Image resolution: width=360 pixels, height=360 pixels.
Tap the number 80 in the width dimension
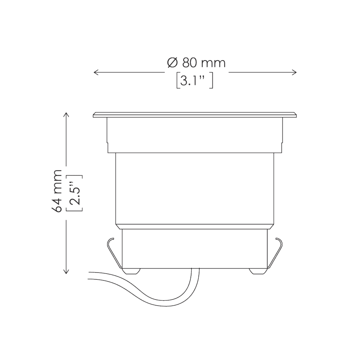coord(189,63)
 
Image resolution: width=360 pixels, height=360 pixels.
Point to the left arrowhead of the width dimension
coord(95,72)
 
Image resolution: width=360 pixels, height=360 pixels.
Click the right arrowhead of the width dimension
coord(295,72)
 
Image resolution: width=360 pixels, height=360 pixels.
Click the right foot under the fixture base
coord(258,271)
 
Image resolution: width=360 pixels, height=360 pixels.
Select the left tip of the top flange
coord(94,115)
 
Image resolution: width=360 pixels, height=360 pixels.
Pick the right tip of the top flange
coord(296,115)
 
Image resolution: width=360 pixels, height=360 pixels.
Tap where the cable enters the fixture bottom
coord(195,270)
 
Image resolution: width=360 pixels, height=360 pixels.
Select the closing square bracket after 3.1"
coord(213,80)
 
